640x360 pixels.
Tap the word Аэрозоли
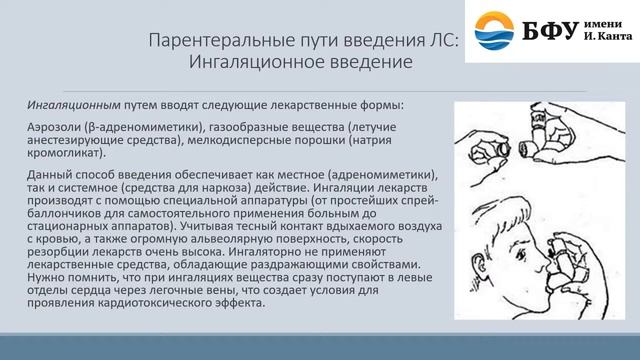click(x=55, y=128)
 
